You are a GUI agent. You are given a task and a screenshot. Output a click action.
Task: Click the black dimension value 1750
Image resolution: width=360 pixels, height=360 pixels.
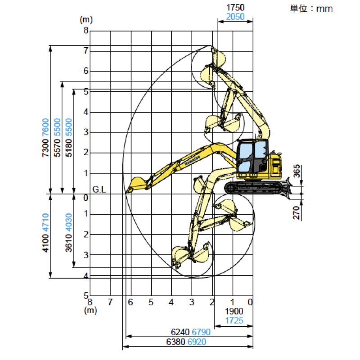point(235,8)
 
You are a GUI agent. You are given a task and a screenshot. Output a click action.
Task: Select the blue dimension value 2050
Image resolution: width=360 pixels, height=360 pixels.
point(235,17)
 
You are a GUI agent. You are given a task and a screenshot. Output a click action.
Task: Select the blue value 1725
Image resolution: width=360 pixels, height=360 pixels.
point(234,320)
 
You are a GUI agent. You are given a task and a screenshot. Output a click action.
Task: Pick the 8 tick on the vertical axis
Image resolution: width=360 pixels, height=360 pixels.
point(84,31)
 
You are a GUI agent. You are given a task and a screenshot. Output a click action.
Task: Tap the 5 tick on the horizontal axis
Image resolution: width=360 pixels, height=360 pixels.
point(151,302)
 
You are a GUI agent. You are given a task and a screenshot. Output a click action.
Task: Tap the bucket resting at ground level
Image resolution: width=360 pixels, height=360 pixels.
point(135,184)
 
